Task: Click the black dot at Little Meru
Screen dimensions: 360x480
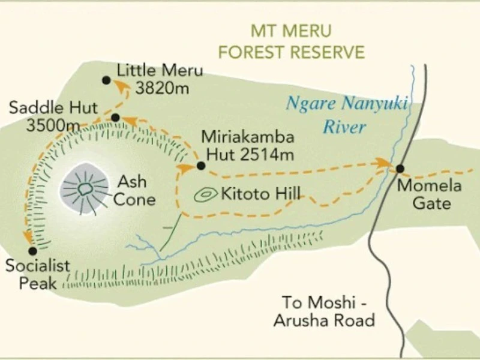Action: pos(106,80)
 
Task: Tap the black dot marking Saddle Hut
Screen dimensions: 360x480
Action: pos(116,118)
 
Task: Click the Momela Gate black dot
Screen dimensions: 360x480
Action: pos(400,169)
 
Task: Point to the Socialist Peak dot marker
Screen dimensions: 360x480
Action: pos(32,251)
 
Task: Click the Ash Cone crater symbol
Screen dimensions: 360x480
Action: pos(85,189)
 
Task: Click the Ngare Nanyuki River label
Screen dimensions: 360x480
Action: pos(346,115)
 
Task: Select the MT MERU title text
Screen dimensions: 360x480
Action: pos(291,31)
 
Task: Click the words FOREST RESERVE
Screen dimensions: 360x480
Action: pos(291,52)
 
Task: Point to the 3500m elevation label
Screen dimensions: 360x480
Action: pos(53,125)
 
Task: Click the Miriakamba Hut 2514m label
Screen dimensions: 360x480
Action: pos(248,145)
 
